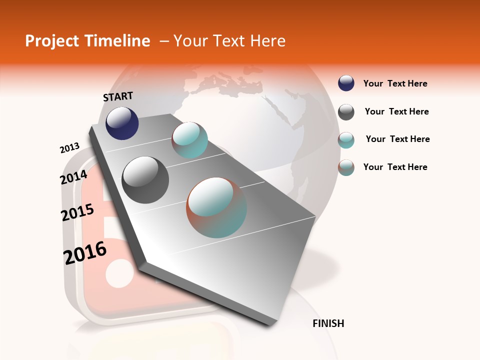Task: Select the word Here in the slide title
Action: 267,41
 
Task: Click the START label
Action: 118,96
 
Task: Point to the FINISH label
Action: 328,323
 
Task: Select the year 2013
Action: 70,148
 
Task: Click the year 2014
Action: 74,177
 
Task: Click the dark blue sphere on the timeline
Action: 122,123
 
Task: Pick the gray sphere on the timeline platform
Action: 145,179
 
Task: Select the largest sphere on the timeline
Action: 216,207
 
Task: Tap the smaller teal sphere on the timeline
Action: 189,140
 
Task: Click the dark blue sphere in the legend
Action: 346,83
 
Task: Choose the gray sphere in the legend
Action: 346,111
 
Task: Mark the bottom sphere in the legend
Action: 346,167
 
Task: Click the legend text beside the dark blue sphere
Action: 395,83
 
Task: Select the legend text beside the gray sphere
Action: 396,111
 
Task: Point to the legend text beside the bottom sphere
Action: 395,167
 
